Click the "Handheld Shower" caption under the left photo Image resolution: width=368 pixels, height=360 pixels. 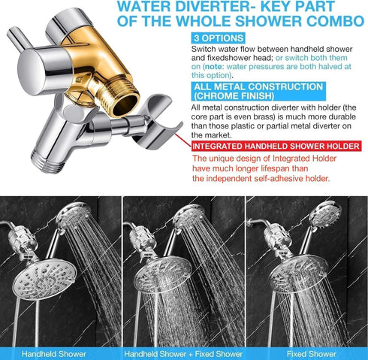pos(54,353)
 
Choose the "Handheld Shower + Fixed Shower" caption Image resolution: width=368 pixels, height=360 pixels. pos(184,353)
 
